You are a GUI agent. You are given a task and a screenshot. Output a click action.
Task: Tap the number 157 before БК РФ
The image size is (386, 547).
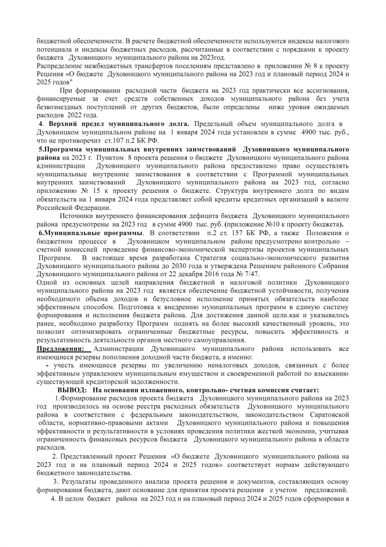coord(242,233)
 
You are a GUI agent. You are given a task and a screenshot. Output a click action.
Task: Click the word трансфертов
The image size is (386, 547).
coord(155,66)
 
